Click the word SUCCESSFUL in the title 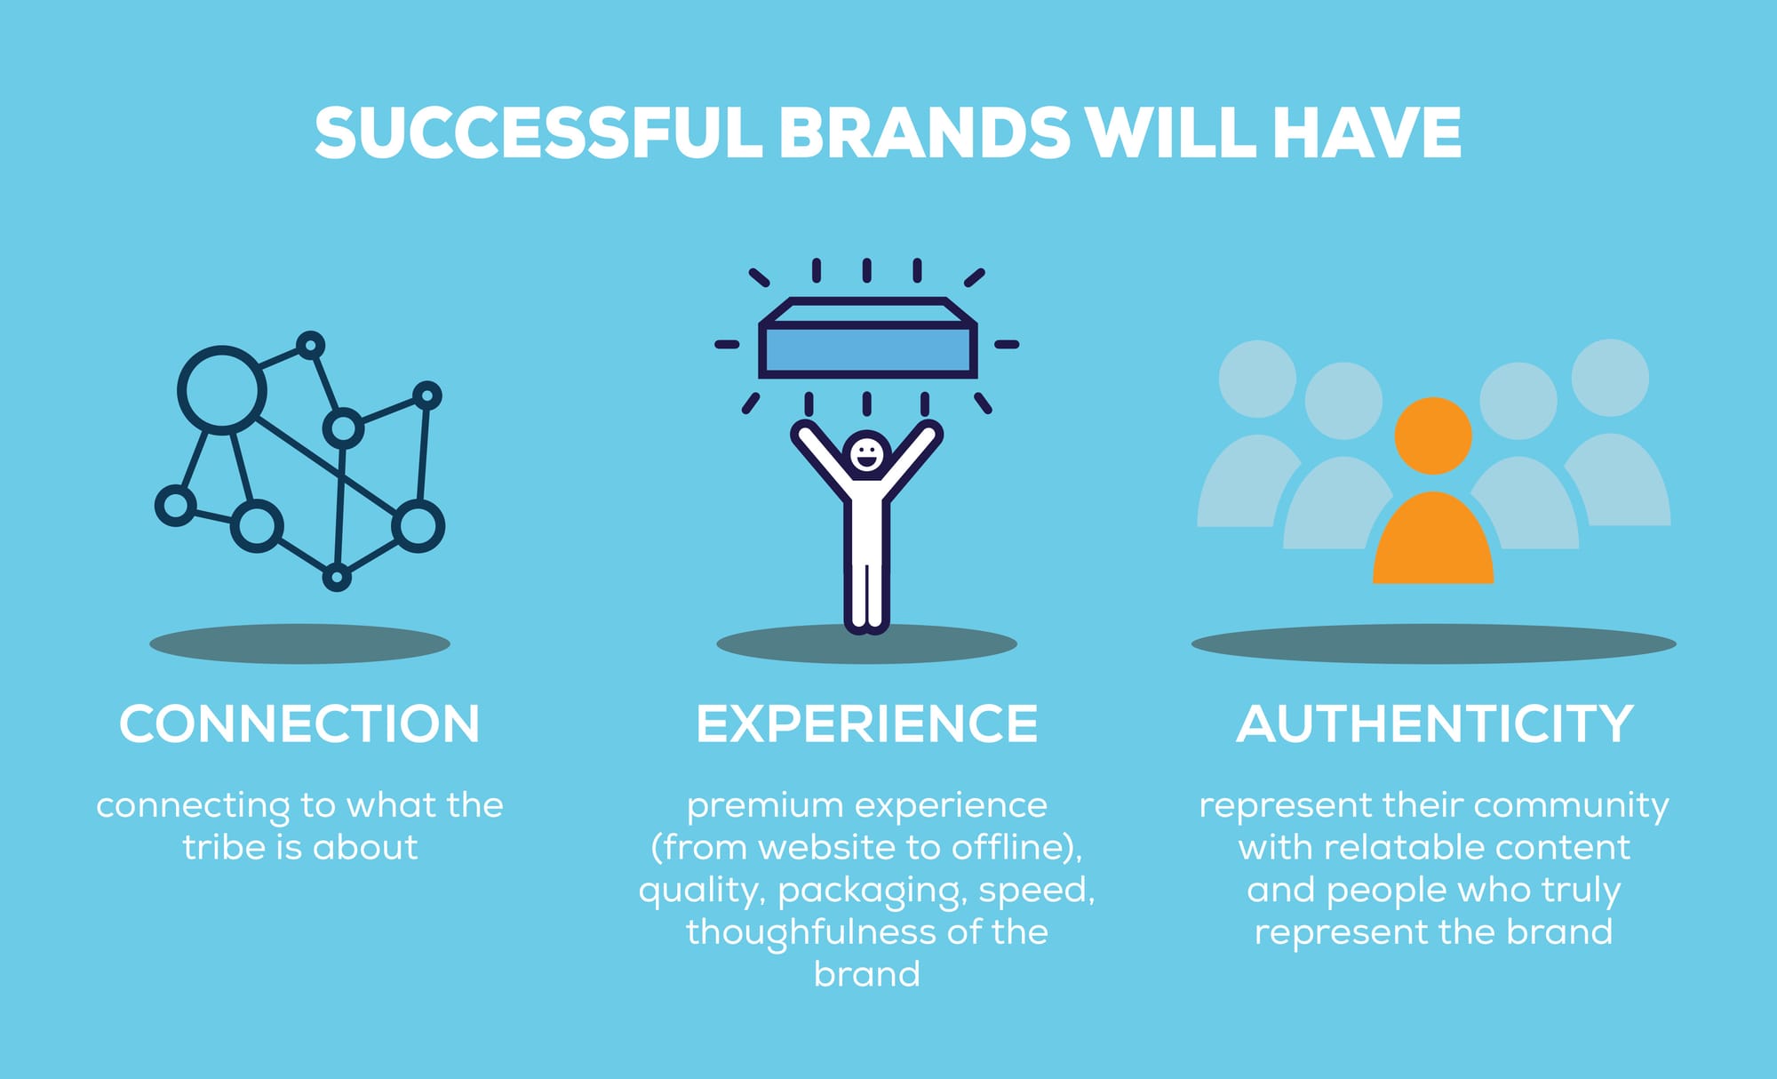tap(538, 133)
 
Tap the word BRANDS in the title tap(925, 133)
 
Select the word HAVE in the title tap(1367, 133)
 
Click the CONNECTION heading tap(299, 723)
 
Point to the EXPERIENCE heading tap(867, 723)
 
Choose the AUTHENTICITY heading tap(1435, 723)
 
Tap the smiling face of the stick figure tap(866, 454)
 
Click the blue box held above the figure tap(868, 338)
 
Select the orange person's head tap(1433, 436)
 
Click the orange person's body tap(1433, 539)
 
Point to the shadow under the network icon tap(299, 643)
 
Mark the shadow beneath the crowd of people tap(1433, 643)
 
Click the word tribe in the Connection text tap(226, 847)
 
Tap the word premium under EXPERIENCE tap(765, 806)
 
